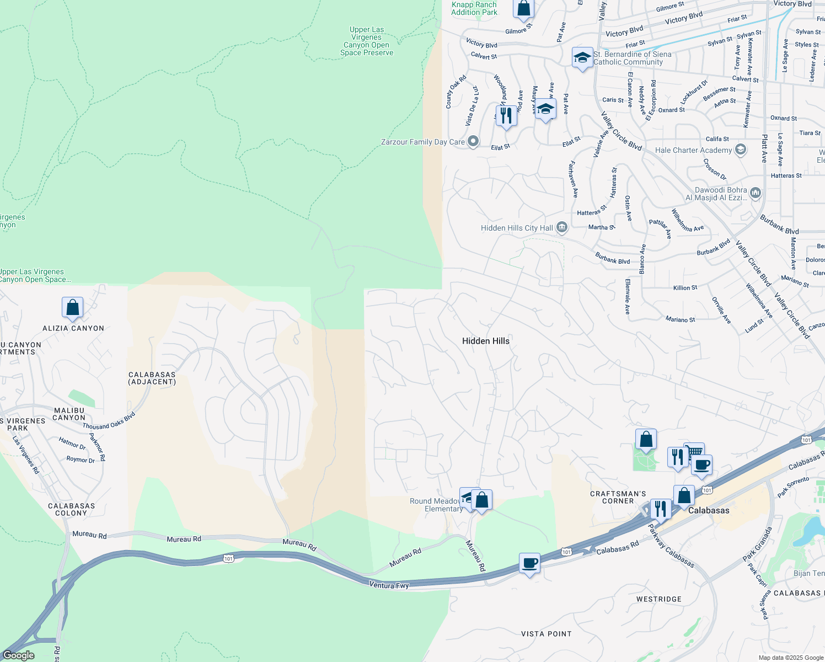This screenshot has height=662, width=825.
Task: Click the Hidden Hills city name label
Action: pos(485,341)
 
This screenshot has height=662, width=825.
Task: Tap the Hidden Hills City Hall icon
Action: pos(561,227)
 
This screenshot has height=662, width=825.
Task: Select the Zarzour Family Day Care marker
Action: pos(473,142)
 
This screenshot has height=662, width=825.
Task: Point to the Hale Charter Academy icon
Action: pos(740,150)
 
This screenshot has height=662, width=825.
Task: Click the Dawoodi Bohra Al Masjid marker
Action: pos(755,193)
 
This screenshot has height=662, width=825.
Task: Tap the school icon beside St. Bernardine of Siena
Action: pos(582,58)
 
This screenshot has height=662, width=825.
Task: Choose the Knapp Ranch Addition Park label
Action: pos(474,8)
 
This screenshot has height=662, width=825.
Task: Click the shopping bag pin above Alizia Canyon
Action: pos(73,308)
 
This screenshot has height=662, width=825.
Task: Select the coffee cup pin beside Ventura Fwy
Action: pos(529,563)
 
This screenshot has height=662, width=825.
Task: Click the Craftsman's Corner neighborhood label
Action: pos(618,497)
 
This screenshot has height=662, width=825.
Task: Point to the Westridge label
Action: pos(658,599)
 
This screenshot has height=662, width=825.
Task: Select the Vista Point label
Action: pos(546,634)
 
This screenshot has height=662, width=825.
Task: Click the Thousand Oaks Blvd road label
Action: pos(109,421)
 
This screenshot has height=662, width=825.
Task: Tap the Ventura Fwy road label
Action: pos(389,585)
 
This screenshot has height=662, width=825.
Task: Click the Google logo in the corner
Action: pos(19,655)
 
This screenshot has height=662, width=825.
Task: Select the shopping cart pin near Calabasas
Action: pos(694,451)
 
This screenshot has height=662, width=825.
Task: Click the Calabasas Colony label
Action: pos(71,509)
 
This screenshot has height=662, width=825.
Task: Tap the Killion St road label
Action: pos(685,287)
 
